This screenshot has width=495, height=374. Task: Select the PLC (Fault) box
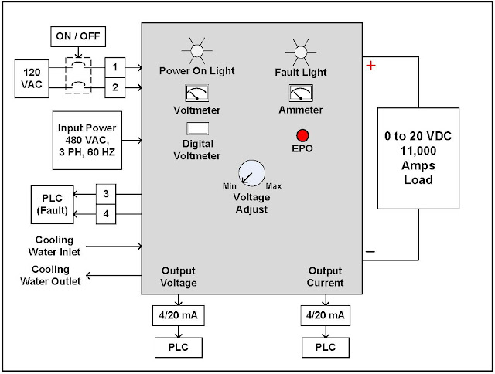pos(53,203)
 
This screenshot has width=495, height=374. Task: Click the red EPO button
pos(302,134)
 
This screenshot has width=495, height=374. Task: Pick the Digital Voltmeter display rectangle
pos(199,128)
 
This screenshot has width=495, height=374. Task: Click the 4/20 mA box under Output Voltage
pos(179,317)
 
